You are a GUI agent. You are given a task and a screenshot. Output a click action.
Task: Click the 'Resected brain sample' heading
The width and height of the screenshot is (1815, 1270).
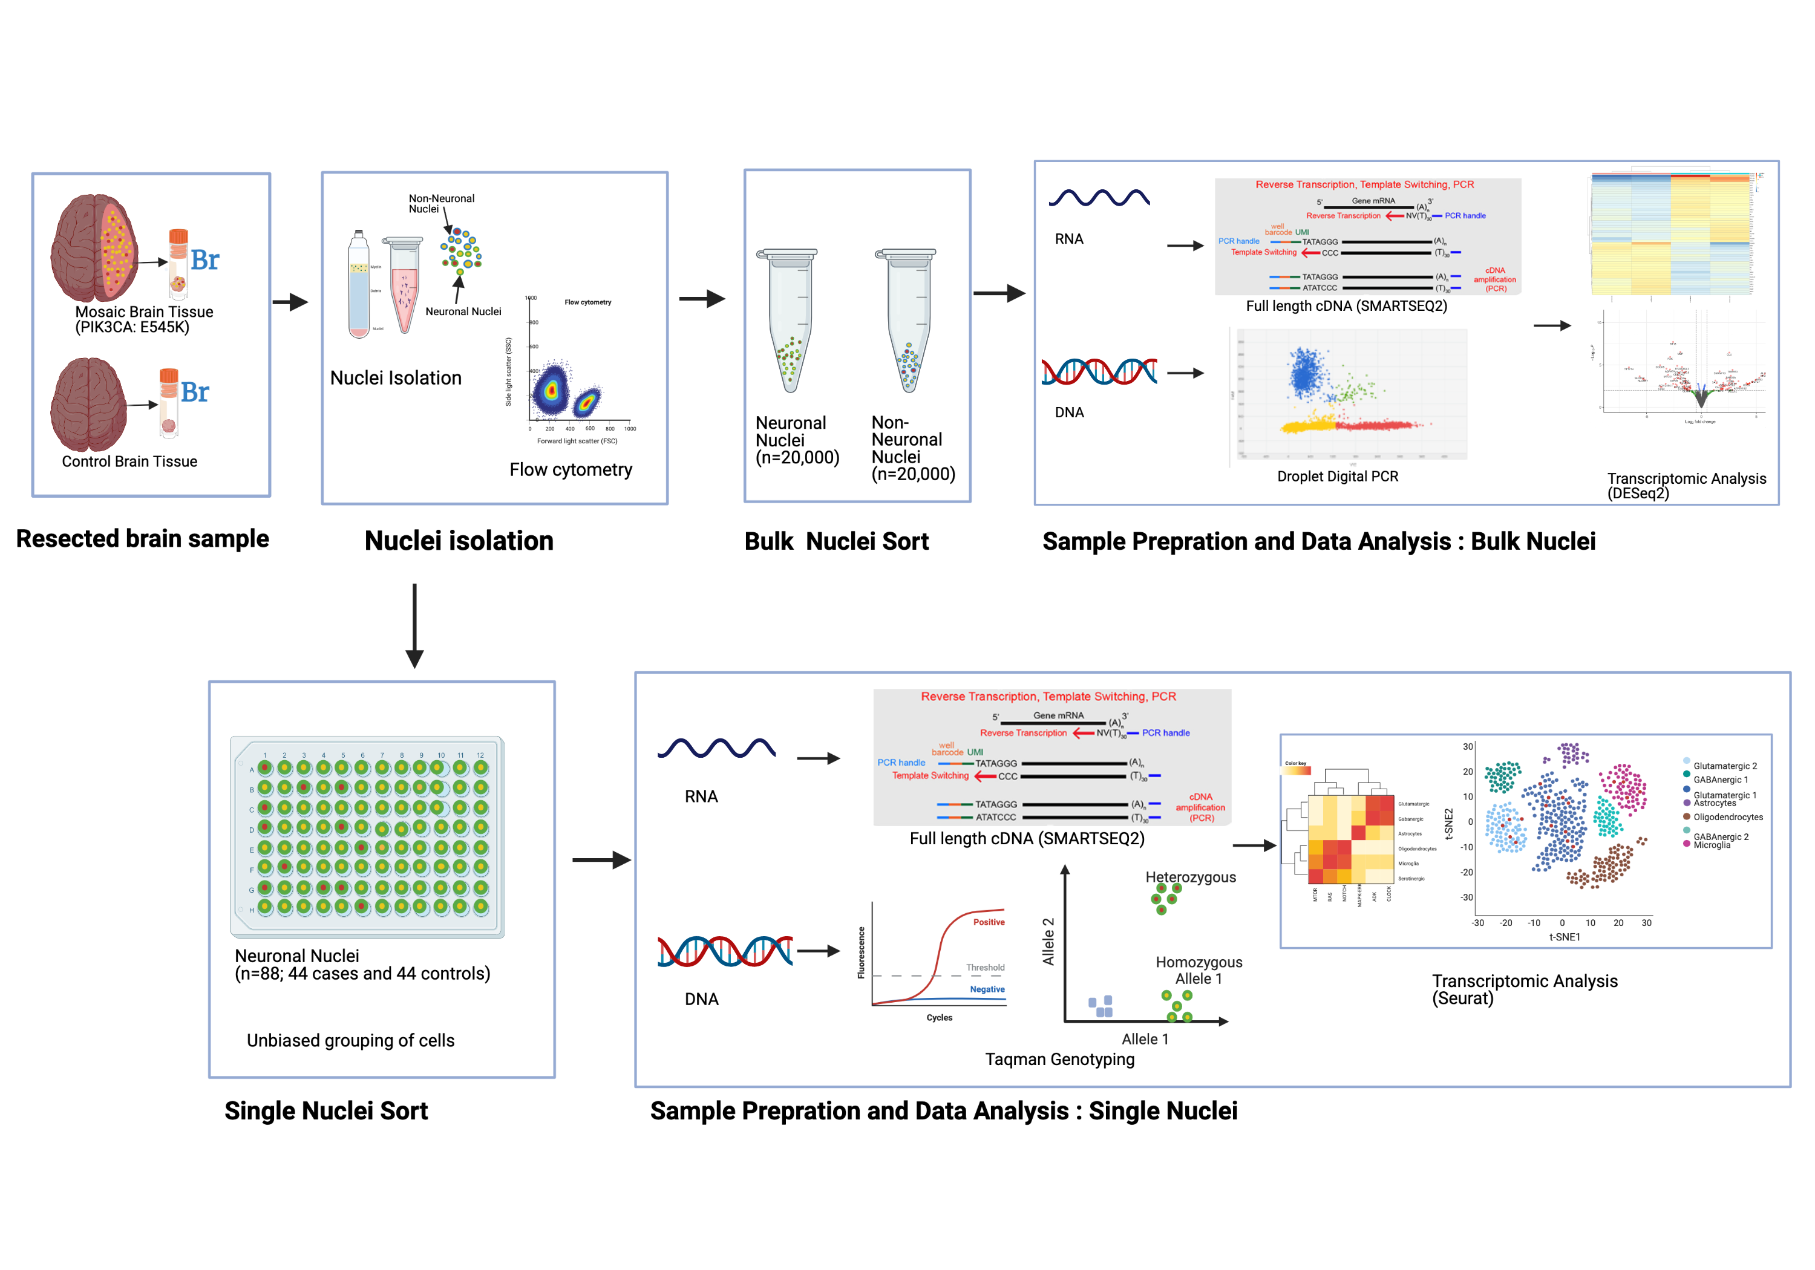click(142, 539)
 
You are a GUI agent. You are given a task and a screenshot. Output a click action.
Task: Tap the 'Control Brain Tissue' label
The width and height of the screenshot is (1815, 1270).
click(129, 461)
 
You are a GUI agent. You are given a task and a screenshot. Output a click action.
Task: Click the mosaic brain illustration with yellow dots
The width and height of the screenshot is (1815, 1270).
click(95, 247)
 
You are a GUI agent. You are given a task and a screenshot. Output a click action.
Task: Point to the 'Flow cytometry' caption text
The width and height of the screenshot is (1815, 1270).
click(571, 469)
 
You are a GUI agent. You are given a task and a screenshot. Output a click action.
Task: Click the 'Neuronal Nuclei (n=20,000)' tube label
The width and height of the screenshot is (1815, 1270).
click(796, 440)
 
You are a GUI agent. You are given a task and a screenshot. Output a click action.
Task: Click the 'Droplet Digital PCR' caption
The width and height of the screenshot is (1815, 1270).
click(1338, 477)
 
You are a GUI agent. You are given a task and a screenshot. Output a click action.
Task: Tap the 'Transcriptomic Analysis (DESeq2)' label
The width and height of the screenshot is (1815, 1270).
click(1686, 485)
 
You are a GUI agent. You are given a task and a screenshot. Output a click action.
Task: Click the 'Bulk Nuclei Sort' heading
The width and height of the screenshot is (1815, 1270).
click(836, 541)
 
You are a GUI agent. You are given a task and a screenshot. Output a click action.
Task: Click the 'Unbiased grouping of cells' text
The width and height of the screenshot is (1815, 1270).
click(350, 1040)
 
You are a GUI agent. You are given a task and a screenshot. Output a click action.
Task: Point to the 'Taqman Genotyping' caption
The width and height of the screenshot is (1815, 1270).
click(1059, 1059)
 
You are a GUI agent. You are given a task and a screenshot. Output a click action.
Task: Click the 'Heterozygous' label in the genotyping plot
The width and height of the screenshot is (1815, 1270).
click(1191, 878)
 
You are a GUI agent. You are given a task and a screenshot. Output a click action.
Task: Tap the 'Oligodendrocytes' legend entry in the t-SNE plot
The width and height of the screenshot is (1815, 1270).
click(1727, 817)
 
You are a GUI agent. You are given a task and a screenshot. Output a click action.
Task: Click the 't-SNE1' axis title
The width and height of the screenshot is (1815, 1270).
click(1565, 937)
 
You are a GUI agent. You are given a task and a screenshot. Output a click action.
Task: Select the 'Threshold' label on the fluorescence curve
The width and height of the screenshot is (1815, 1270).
click(985, 968)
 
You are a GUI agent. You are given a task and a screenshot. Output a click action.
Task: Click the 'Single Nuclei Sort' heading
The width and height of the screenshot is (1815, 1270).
click(325, 1110)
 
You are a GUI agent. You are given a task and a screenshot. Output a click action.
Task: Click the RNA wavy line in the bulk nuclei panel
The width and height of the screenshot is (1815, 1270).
click(1099, 198)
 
